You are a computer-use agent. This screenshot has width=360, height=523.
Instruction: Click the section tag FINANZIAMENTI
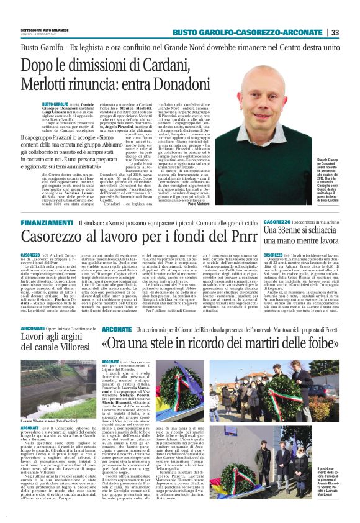point(47,222)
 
